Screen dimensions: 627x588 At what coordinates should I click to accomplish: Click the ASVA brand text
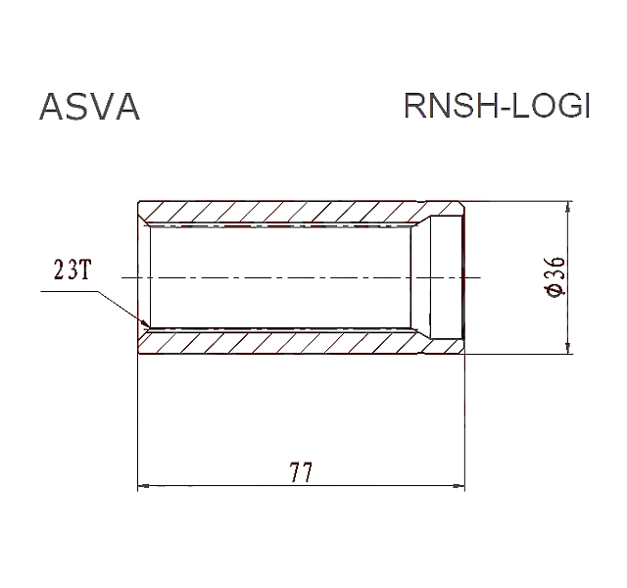click(89, 107)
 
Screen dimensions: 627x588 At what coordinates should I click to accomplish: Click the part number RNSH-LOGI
click(497, 106)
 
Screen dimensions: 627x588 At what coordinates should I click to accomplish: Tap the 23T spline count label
click(72, 269)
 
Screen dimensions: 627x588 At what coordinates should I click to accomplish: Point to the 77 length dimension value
click(301, 472)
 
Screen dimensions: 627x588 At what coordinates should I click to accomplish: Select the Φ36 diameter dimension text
click(555, 276)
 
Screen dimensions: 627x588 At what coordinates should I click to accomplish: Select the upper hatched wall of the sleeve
click(301, 212)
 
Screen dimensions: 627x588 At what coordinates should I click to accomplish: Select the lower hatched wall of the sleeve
click(301, 342)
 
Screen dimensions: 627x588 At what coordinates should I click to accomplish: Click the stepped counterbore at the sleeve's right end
click(447, 277)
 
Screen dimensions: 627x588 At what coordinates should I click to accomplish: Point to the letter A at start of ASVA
click(52, 107)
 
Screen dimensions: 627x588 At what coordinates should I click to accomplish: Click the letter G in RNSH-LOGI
click(567, 106)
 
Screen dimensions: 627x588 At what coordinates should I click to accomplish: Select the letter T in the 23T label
click(85, 270)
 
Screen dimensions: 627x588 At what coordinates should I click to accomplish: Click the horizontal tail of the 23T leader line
click(70, 291)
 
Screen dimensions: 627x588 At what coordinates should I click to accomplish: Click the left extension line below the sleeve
click(138, 422)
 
